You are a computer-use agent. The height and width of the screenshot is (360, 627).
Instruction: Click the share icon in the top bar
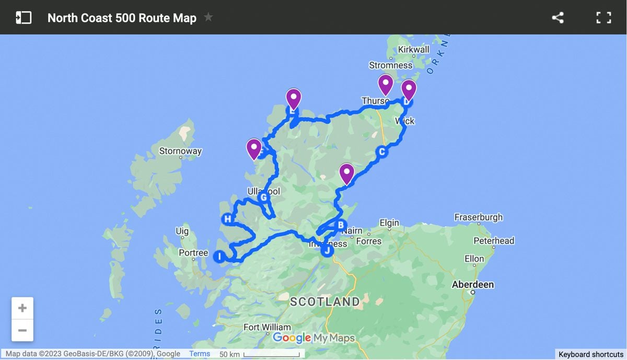558,18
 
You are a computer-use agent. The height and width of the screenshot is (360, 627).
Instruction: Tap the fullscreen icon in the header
603,18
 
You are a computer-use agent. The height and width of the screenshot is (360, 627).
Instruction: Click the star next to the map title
208,17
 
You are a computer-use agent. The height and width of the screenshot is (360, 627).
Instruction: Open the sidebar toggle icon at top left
24,18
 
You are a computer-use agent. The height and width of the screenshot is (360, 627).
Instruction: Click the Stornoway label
180,152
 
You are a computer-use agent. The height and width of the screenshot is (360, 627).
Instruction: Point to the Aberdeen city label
473,285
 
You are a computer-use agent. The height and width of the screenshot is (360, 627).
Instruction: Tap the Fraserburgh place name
478,217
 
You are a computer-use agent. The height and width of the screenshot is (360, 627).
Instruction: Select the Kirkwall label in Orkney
413,50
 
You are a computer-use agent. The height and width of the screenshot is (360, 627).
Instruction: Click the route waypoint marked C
382,152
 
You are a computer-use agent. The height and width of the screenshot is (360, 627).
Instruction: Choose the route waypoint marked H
227,219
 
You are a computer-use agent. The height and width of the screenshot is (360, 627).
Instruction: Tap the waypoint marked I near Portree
219,256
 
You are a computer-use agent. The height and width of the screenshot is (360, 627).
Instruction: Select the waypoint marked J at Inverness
327,251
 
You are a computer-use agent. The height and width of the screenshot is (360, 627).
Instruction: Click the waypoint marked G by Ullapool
263,198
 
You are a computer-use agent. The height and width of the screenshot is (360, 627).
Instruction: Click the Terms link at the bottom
200,354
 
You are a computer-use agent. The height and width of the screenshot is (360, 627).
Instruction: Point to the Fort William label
267,328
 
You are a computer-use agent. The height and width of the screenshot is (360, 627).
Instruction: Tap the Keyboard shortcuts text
591,354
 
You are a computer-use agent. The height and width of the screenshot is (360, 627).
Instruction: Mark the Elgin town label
389,223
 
